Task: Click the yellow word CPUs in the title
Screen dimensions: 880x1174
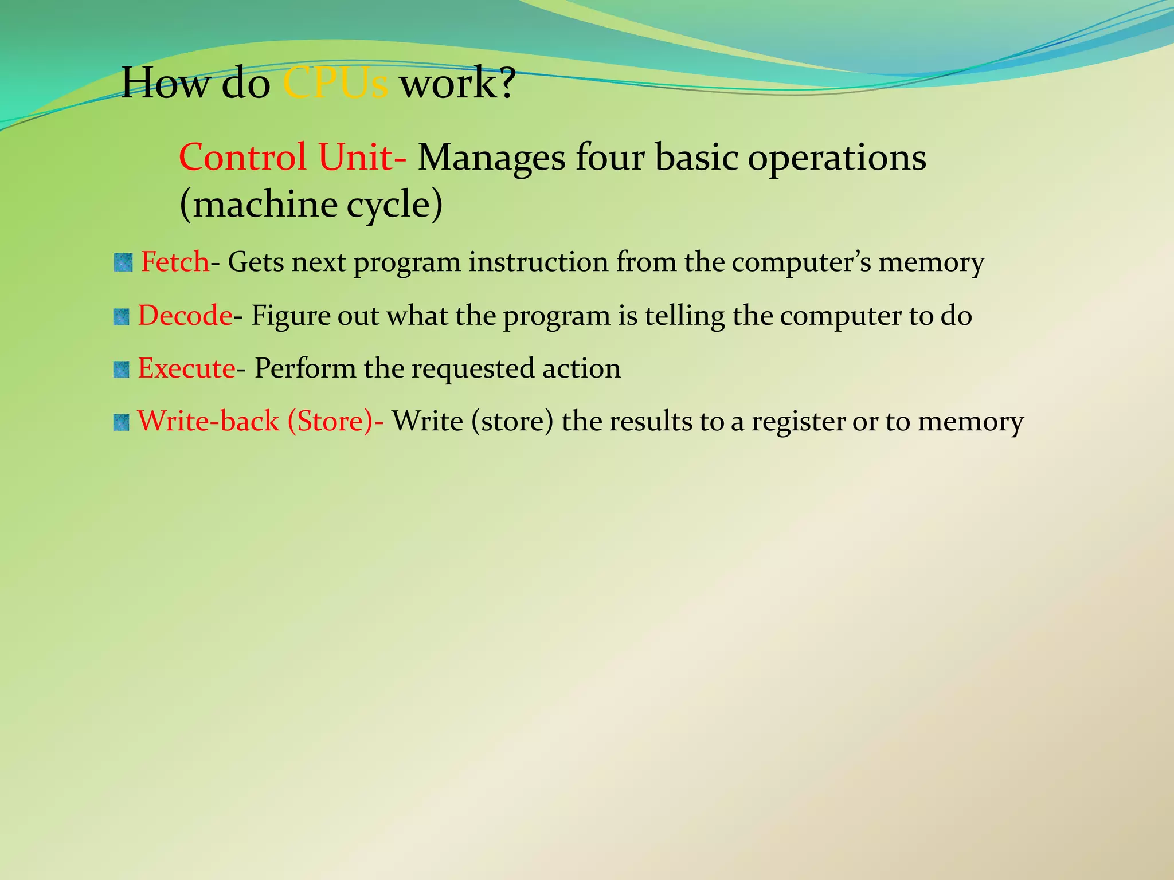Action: click(335, 84)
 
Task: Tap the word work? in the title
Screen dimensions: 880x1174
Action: click(457, 84)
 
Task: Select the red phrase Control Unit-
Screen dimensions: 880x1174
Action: click(292, 157)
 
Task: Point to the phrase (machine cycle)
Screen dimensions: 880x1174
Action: click(311, 205)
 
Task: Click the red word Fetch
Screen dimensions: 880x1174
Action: click(175, 262)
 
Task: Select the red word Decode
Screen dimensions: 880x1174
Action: click(185, 316)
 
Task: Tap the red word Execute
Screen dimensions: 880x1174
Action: click(186, 368)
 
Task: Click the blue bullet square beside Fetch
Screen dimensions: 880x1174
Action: click(123, 263)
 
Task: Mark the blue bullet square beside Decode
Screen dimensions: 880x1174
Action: click(122, 316)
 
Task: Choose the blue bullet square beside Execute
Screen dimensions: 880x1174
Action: click(122, 370)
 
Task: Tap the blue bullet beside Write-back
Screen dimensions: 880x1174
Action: click(122, 423)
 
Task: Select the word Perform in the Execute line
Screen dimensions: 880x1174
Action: click(305, 368)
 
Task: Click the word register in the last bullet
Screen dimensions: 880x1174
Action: click(798, 422)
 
